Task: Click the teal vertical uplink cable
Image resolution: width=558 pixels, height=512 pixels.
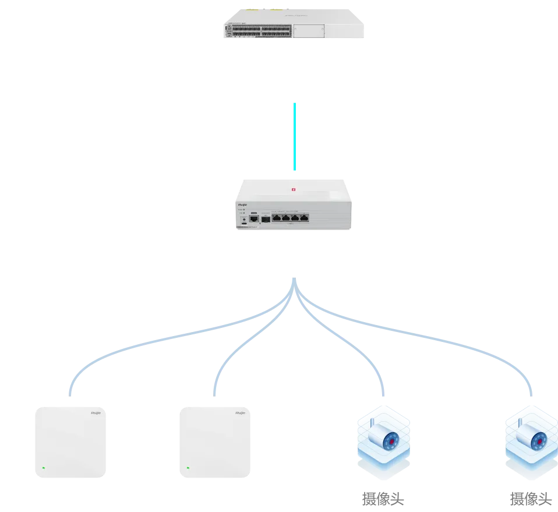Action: (295, 137)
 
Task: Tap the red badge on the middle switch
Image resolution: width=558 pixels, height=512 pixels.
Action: (294, 189)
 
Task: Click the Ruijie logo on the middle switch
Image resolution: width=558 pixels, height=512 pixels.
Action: (242, 205)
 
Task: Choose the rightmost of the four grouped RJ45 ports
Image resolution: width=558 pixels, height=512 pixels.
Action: (304, 218)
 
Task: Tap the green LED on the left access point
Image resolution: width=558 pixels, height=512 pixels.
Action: (43, 467)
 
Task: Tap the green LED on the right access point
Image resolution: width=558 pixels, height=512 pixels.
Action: (188, 467)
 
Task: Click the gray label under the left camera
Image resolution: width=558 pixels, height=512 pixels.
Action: (382, 499)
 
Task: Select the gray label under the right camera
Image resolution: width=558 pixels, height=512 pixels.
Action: (529, 497)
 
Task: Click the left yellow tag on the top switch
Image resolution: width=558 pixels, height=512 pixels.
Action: (252, 10)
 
